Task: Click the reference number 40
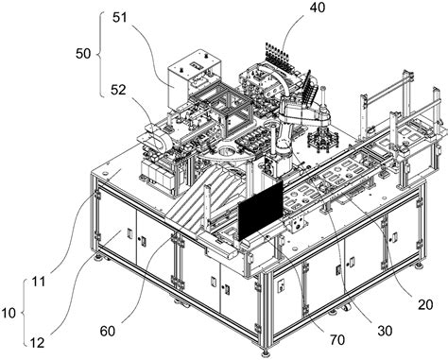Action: [x=318, y=8]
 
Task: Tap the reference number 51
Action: [x=120, y=18]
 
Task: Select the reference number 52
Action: [x=118, y=91]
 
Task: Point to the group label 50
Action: [x=83, y=54]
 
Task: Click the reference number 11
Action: [x=39, y=282]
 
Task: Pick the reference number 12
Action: [x=38, y=343]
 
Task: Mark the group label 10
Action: [x=8, y=314]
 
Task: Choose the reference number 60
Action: [x=108, y=331]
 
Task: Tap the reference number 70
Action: [x=337, y=340]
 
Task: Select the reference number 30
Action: [x=385, y=331]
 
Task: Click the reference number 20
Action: [x=425, y=304]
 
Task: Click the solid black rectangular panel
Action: [x=261, y=211]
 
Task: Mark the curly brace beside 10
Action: [x=25, y=313]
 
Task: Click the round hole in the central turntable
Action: [x=226, y=152]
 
